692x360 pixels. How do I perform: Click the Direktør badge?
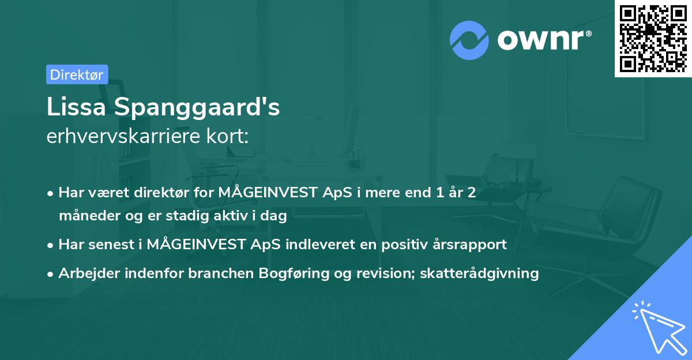[x=77, y=74]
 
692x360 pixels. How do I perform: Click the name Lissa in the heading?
[x=77, y=107]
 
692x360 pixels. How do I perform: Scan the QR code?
[x=653, y=38]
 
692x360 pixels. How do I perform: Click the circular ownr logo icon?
[x=469, y=40]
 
